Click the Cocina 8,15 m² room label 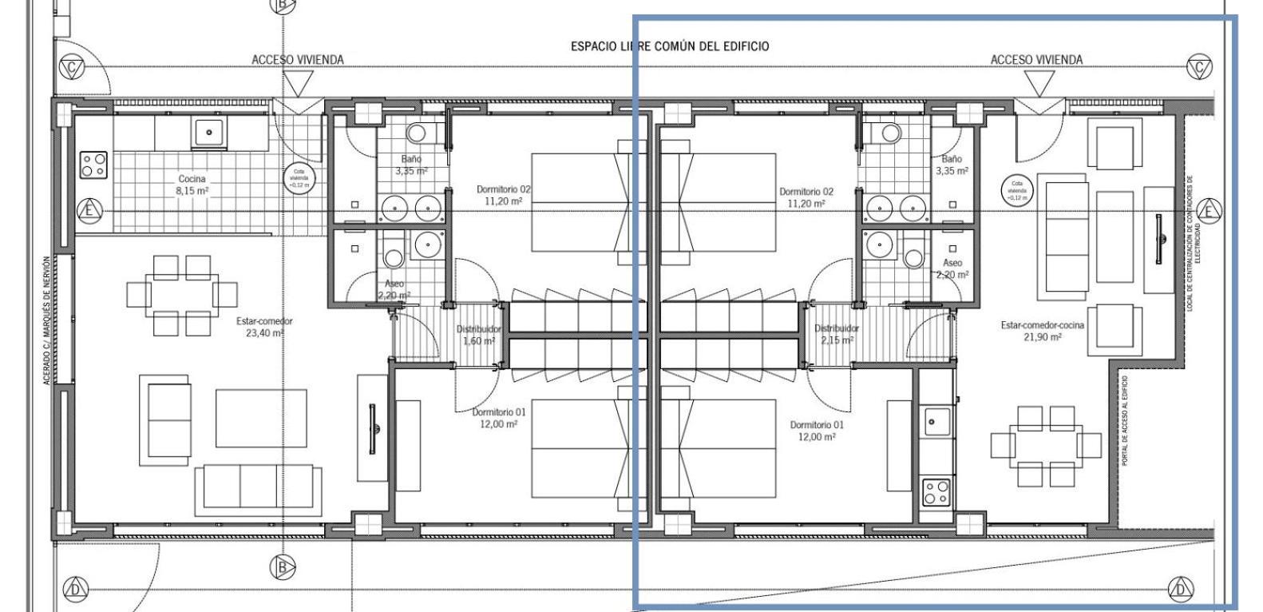tap(191, 185)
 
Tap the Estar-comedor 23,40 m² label tap(264, 327)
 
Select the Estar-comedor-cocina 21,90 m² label tap(1031, 331)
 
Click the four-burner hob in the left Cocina tap(93, 165)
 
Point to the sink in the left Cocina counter tap(209, 133)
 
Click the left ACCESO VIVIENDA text tap(298, 60)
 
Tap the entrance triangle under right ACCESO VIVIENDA tap(1039, 82)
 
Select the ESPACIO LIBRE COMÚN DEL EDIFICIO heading tap(670, 46)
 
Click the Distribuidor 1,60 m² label tap(479, 335)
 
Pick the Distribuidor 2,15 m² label tap(836, 334)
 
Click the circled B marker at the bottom tap(282, 567)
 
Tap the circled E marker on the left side tap(89, 212)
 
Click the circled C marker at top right tap(1198, 68)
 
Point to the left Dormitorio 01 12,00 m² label tap(498, 418)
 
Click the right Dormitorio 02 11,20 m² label tap(806, 197)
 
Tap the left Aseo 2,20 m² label tap(394, 289)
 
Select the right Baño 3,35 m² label tap(952, 165)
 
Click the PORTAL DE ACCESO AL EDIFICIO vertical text tap(1125, 421)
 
